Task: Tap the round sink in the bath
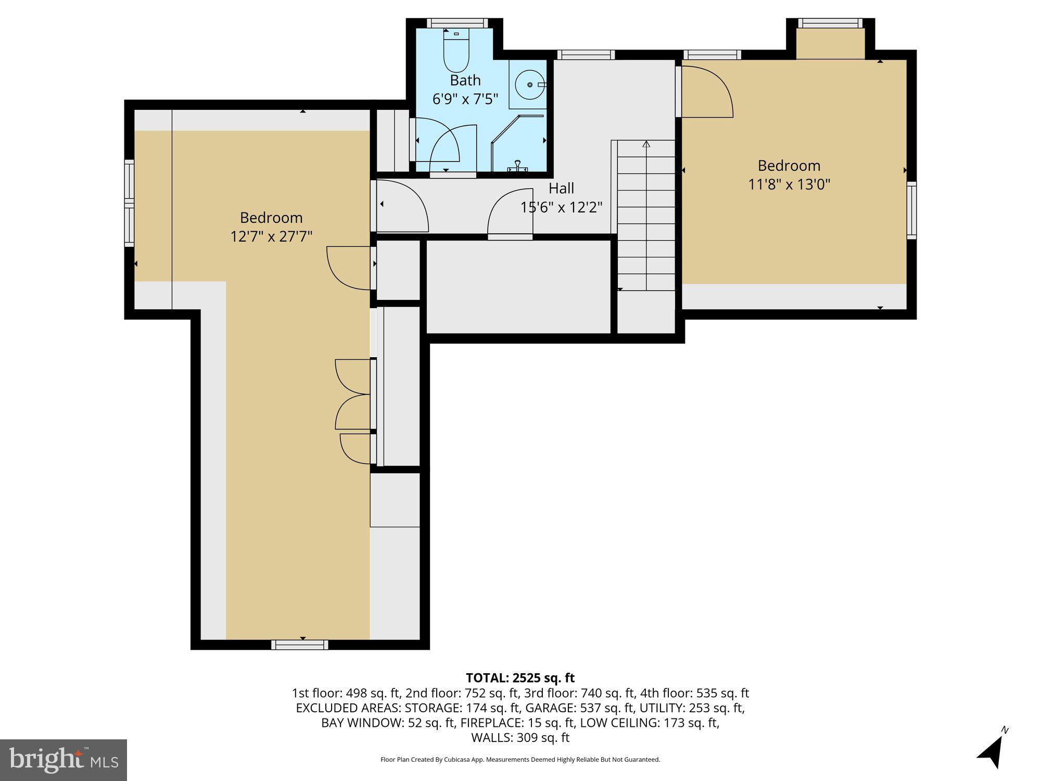[x=529, y=84]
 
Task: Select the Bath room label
[x=465, y=80]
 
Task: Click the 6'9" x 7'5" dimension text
[x=465, y=99]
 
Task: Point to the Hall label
[x=561, y=188]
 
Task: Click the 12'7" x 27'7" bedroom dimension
[x=271, y=236]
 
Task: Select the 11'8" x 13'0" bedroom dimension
[x=789, y=184]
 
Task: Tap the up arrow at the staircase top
[x=646, y=144]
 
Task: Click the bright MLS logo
[x=64, y=760]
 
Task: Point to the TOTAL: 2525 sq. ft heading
[x=520, y=678]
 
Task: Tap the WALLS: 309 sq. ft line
[x=520, y=737]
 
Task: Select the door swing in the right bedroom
[x=708, y=94]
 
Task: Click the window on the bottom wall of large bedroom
[x=300, y=645]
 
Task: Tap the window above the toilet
[x=458, y=23]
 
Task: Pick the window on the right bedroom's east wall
[x=911, y=210]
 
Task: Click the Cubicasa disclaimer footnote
[x=520, y=760]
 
